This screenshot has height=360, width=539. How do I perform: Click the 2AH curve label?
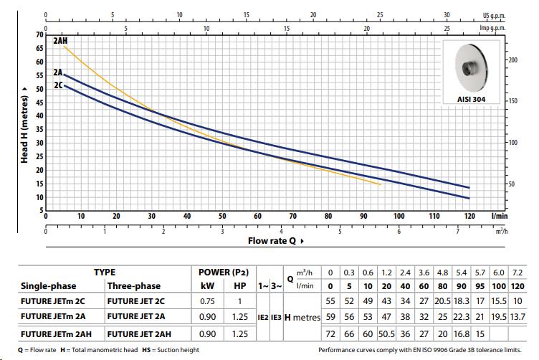(59, 41)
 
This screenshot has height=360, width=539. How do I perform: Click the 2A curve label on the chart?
(57, 72)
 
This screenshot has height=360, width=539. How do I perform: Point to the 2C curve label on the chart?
(57, 85)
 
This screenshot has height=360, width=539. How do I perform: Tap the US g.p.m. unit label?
(495, 15)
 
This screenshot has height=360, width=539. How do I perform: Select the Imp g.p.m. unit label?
(492, 28)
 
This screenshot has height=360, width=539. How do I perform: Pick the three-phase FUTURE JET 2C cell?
(136, 300)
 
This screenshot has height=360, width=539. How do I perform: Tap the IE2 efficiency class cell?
(262, 317)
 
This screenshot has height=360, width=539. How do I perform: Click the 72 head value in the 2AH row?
(330, 333)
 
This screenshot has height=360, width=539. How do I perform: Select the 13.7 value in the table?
(516, 317)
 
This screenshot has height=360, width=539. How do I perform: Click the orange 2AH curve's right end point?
(380, 184)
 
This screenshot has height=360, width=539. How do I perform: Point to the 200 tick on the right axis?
(512, 60)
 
